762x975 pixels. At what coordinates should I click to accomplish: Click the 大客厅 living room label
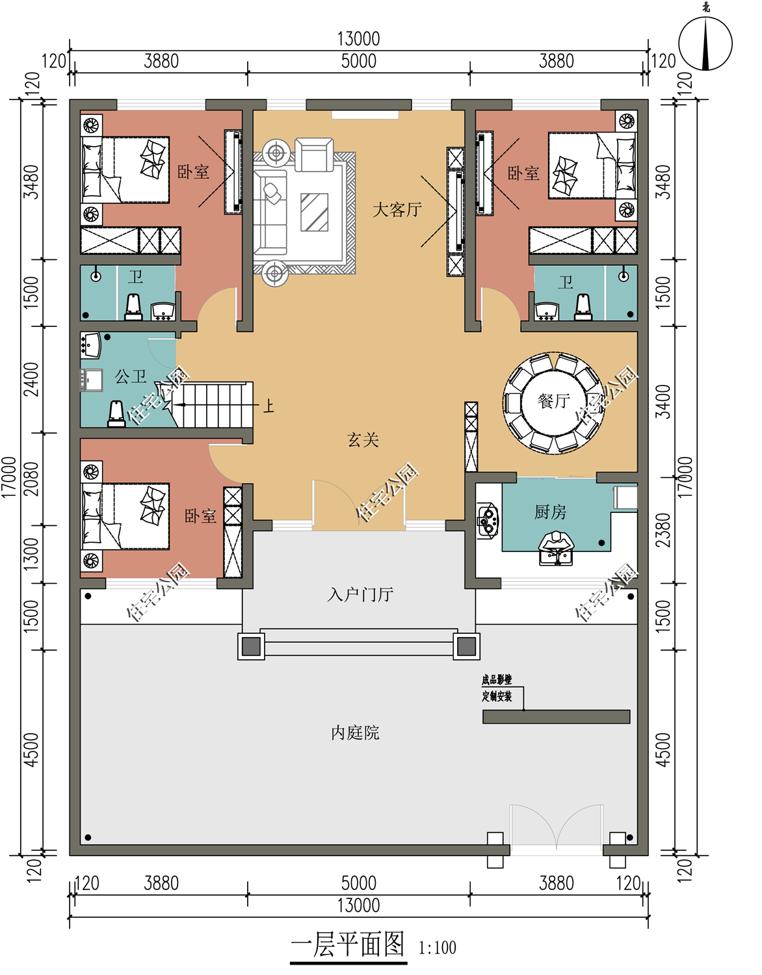(397, 209)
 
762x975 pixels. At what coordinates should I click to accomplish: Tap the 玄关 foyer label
(363, 440)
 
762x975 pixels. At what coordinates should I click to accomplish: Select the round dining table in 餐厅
(553, 402)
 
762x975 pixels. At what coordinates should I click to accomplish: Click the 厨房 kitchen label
(550, 512)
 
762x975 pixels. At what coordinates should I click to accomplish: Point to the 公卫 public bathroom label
(130, 376)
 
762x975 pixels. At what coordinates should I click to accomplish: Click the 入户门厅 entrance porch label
(360, 594)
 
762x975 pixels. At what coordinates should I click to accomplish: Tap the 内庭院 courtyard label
(355, 733)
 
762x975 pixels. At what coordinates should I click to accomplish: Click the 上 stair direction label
(268, 406)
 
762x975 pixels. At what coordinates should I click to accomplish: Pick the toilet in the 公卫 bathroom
(116, 414)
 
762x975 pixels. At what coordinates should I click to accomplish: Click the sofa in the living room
(270, 212)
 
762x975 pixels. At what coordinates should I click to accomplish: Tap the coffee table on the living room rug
(314, 212)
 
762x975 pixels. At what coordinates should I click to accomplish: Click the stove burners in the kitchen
(487, 519)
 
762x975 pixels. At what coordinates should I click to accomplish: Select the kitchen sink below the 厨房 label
(556, 548)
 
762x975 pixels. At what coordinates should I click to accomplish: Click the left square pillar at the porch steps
(251, 647)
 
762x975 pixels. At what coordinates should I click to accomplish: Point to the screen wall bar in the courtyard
(556, 716)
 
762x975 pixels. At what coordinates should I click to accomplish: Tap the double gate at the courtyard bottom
(557, 829)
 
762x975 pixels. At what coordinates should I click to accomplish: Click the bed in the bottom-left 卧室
(125, 516)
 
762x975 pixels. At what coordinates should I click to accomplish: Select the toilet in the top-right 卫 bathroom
(583, 307)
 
